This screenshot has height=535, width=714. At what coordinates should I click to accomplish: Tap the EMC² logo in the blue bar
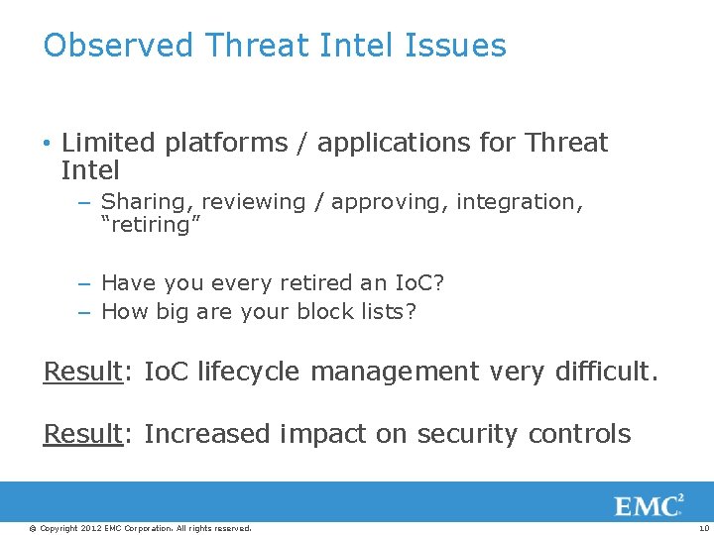point(649,506)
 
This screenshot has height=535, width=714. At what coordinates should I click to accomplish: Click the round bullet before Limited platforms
point(48,144)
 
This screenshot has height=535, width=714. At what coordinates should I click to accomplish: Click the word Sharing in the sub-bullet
point(143,202)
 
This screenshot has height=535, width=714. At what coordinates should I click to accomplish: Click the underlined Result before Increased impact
point(81,434)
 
